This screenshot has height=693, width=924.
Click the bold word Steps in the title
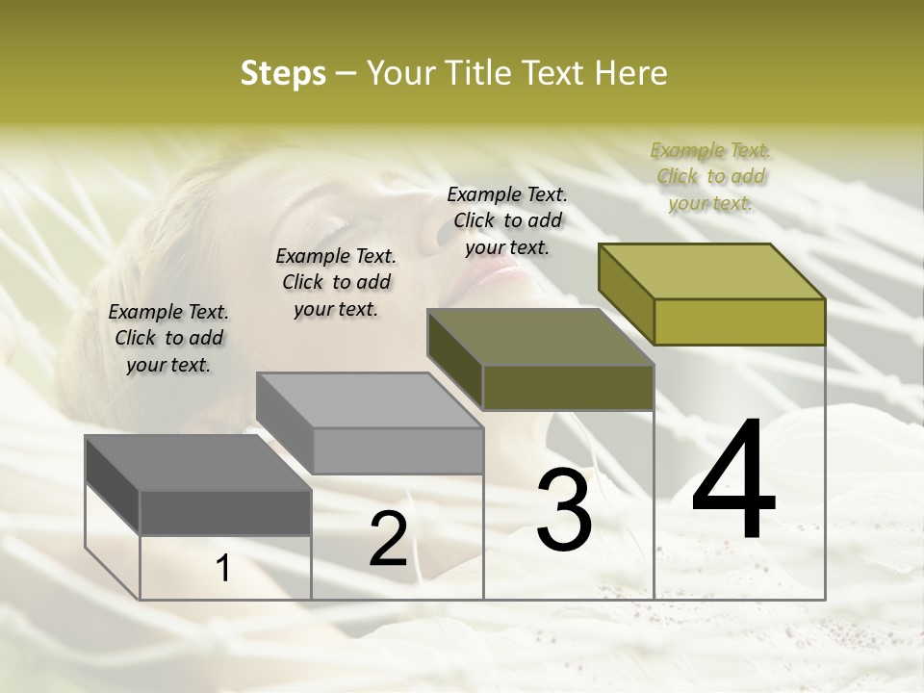(283, 73)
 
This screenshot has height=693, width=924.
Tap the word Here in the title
(631, 73)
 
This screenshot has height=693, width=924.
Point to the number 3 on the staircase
(564, 509)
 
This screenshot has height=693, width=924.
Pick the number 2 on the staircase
(388, 540)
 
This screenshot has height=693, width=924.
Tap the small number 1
(223, 569)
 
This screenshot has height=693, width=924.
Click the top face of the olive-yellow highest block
(712, 270)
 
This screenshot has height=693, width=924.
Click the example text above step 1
(168, 338)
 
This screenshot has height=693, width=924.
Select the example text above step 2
(336, 282)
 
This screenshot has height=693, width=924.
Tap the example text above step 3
(507, 220)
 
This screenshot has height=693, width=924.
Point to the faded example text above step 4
(710, 176)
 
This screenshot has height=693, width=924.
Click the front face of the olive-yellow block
(739, 321)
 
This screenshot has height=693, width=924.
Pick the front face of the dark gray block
(225, 512)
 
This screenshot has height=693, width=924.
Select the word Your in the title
(398, 73)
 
